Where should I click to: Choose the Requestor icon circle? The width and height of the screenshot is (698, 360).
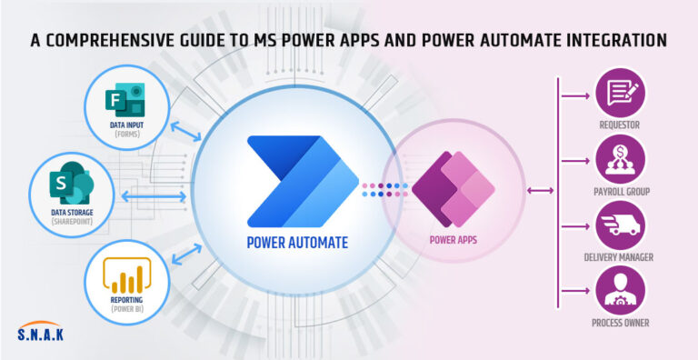click(620, 91)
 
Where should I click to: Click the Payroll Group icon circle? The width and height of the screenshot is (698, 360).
click(620, 160)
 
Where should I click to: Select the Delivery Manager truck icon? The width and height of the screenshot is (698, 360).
click(620, 225)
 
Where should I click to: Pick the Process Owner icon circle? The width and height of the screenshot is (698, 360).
click(620, 290)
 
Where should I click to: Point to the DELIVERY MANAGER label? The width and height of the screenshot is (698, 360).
click(620, 257)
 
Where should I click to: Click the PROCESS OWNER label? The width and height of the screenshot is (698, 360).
click(620, 323)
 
